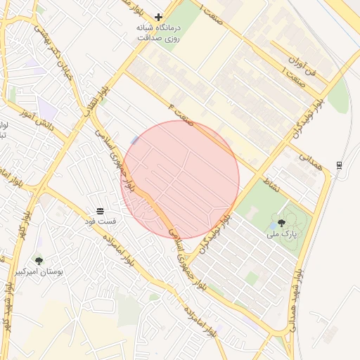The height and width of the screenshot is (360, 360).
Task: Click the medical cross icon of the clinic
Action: (159, 16)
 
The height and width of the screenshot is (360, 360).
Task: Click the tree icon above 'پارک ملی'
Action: (281, 222)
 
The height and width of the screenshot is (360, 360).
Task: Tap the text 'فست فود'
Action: (101, 221)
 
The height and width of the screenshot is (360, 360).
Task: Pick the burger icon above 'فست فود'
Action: (100, 211)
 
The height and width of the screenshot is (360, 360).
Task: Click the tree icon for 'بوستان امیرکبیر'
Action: (39, 261)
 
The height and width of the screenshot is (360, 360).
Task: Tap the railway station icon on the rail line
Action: (340, 165)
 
